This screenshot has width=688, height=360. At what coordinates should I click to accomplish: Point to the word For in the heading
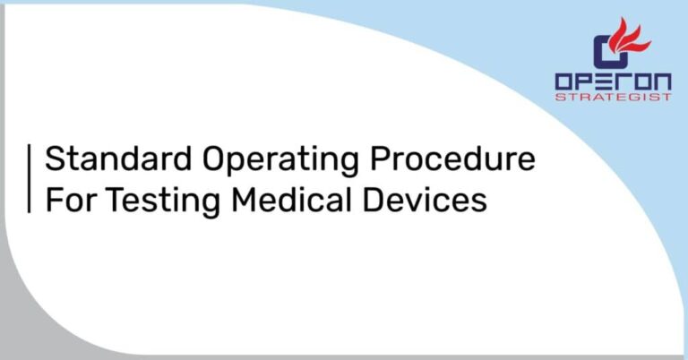[70, 199]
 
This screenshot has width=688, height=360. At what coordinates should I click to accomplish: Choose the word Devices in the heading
[429, 199]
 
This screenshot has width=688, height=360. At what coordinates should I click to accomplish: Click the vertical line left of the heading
[30, 179]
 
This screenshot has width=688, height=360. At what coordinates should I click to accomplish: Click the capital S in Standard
[54, 159]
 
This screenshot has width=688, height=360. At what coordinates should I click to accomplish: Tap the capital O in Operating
[215, 159]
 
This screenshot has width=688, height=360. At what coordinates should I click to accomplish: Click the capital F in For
[53, 199]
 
